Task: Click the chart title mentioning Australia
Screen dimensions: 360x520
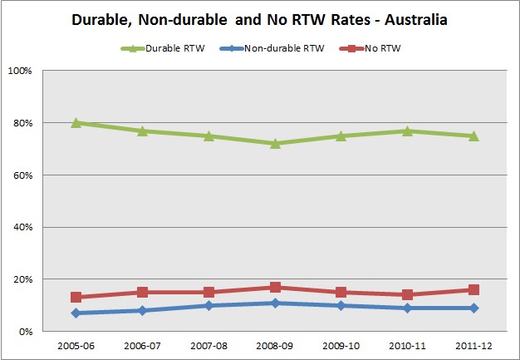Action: [x=259, y=19]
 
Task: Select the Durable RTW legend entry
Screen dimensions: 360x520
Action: [x=169, y=47]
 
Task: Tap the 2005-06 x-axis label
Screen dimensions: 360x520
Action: [x=76, y=345]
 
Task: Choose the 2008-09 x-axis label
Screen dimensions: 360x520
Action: [x=275, y=345]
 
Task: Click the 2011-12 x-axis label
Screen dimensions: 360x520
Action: [x=473, y=345]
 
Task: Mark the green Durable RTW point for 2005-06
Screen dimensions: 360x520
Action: [x=76, y=122]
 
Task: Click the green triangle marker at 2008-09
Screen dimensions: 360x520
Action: [x=275, y=143]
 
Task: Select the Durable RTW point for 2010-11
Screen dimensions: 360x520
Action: [x=407, y=131]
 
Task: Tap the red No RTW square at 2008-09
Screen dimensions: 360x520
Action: [x=275, y=288]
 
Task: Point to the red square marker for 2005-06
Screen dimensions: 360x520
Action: [x=76, y=297]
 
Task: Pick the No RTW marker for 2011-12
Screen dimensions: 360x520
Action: [x=473, y=290]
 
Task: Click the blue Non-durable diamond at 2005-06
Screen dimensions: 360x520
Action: [x=76, y=313]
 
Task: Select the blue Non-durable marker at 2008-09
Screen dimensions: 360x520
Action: [x=275, y=303]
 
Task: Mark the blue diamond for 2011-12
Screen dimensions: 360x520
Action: [x=473, y=308]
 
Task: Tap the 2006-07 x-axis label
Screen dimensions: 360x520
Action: [x=142, y=345]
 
